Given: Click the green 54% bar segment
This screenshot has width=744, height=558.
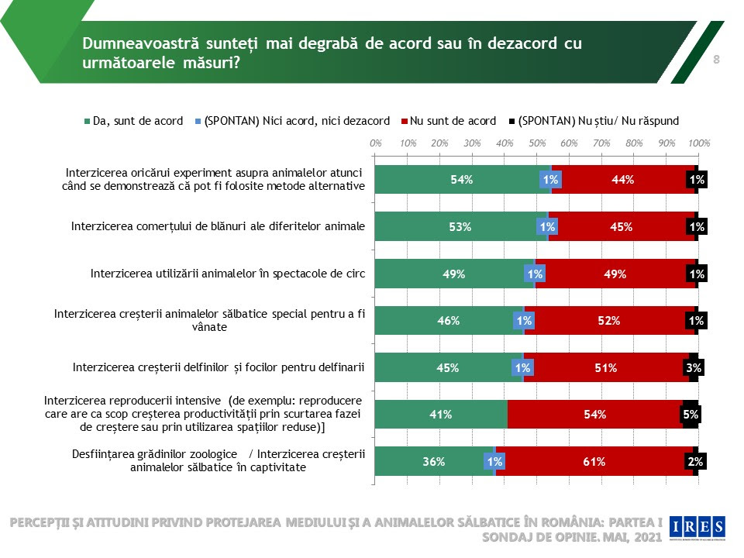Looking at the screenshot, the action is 462,179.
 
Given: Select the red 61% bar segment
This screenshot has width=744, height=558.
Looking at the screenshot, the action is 594,461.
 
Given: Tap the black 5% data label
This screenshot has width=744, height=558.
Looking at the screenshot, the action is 691,415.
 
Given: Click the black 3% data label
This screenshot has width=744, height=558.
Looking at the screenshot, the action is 694,367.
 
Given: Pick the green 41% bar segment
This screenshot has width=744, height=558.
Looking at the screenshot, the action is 441,414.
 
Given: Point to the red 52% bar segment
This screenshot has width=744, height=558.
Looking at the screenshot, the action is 609,321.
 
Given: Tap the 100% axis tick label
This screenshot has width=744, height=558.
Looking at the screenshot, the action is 699,143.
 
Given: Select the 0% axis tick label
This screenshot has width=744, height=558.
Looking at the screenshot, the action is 375,143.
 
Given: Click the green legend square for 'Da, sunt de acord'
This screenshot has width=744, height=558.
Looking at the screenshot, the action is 88,122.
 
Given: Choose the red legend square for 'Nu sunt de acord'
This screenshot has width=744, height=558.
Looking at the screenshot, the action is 405,122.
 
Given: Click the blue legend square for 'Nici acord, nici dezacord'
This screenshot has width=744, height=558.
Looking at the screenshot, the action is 198,122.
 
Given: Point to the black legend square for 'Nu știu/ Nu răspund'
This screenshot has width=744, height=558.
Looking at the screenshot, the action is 512,122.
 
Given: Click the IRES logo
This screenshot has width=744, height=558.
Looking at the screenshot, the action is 697,528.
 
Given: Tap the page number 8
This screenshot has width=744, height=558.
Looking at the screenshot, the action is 716,60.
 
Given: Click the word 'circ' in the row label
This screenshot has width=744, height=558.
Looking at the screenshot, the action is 356,274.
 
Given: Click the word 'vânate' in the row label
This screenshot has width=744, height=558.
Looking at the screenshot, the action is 209,327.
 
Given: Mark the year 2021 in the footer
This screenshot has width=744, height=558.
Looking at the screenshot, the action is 647,537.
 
